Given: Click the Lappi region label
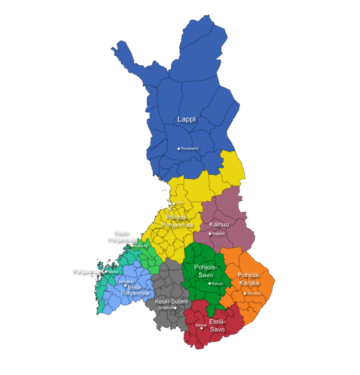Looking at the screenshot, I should pyautogui.click(x=186, y=120).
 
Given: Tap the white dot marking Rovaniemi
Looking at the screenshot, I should pyautogui.click(x=179, y=149).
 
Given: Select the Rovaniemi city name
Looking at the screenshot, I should pyautogui.click(x=190, y=149).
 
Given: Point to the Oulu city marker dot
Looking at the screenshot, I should pyautogui.click(x=174, y=203).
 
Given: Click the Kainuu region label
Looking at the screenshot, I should pyautogui.click(x=219, y=225).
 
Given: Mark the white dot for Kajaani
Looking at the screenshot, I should pyautogui.click(x=210, y=233).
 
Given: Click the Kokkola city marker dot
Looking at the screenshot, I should pyautogui.click(x=133, y=246).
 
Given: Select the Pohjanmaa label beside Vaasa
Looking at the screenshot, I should pyautogui.click(x=86, y=271).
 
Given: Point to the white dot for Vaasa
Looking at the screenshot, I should pyautogui.click(x=106, y=271).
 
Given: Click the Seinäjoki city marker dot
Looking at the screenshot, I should pyautogui.click(x=125, y=285).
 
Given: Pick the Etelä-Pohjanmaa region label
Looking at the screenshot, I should pyautogui.click(x=135, y=290).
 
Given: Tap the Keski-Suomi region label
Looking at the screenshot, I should pyautogui.click(x=171, y=301).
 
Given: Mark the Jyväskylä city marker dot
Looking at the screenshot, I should pyautogui.click(x=175, y=308).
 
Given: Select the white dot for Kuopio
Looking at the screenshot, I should pyautogui.click(x=210, y=284).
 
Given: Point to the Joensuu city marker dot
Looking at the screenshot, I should pyautogui.click(x=245, y=293).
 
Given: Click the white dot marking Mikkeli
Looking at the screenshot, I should pyautogui.click(x=202, y=329).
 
